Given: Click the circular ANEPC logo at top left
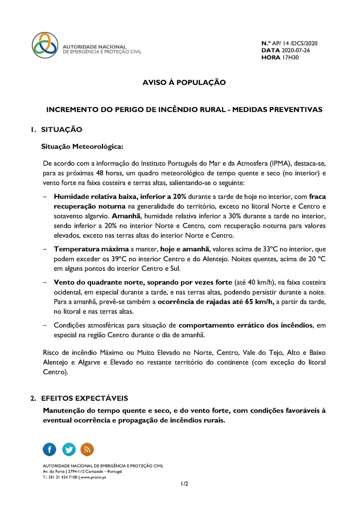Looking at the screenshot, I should tap(45, 45).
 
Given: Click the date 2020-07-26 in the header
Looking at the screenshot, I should tap(296, 50).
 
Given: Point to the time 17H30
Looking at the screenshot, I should tap(290, 57).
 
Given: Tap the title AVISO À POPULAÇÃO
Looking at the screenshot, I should tap(184, 82).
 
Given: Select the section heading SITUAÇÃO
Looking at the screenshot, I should tap(62, 129).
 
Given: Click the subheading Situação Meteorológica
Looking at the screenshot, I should tap(82, 146).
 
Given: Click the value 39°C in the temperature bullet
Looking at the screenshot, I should tap(119, 259).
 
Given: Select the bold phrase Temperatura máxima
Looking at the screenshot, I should tap(91, 249).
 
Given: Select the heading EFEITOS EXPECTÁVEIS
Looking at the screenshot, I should tap(84, 398).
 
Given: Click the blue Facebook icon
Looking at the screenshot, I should tap(50, 449).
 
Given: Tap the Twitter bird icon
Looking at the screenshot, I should tap(69, 449).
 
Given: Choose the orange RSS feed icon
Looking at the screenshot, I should tap(87, 449).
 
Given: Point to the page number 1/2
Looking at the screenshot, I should tap(184, 484).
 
